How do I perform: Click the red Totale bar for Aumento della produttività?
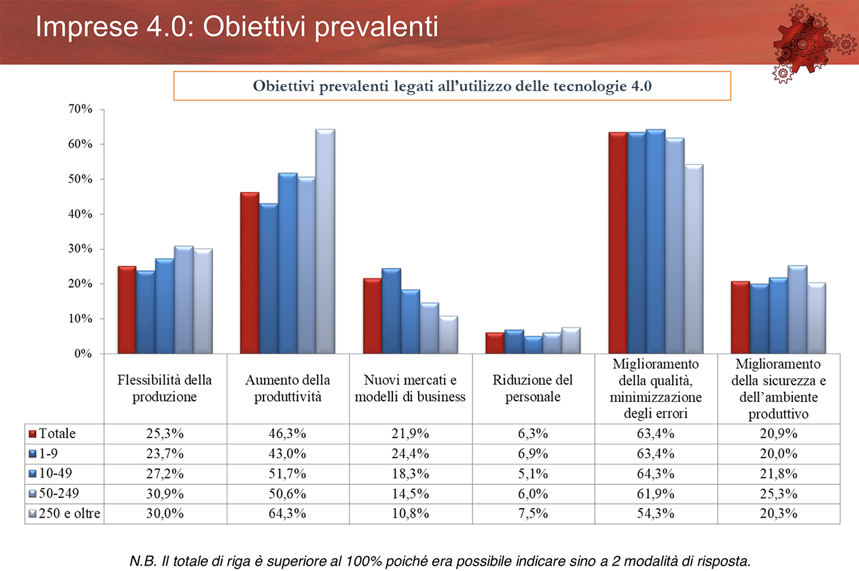250,272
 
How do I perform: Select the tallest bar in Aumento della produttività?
325,241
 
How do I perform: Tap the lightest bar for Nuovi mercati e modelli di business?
448,335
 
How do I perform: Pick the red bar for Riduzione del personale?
495,343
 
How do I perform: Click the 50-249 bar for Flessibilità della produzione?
183,300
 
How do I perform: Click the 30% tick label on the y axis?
81,249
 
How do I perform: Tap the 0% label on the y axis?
83,354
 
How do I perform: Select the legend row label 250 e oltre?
69,513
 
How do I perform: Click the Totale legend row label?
57,433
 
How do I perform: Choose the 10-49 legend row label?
56,473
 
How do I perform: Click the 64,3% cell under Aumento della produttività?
287,513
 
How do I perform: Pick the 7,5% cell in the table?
533,513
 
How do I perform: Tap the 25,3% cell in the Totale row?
165,433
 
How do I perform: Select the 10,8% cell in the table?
410,513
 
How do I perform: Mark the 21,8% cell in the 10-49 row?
778,473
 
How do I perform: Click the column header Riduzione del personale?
532,388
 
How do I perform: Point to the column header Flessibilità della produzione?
164,388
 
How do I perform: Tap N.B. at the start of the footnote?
143,561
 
